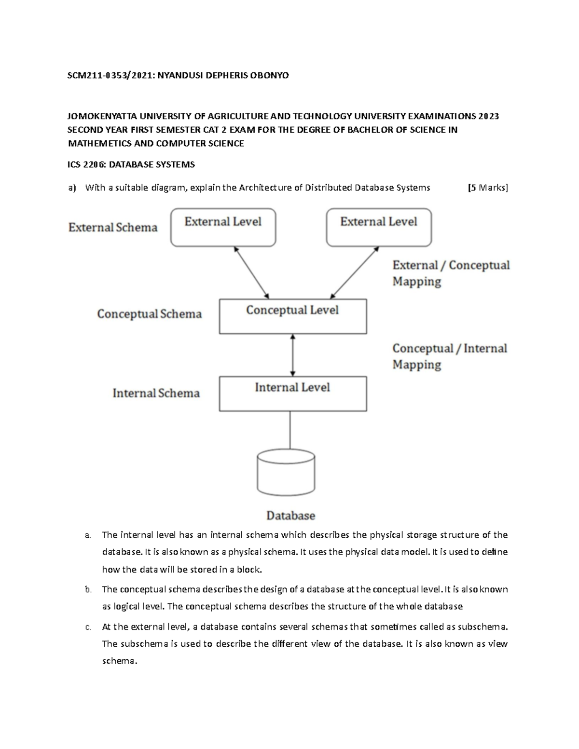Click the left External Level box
(x=223, y=227)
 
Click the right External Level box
(x=379, y=227)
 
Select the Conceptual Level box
(x=292, y=316)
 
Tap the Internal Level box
(x=292, y=394)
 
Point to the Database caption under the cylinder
(x=290, y=516)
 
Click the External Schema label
(x=113, y=228)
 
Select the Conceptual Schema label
(x=149, y=314)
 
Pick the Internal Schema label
(x=156, y=393)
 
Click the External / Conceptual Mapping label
(x=451, y=273)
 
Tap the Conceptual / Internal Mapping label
(x=450, y=356)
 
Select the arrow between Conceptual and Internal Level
(x=292, y=355)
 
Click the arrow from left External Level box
(x=251, y=272)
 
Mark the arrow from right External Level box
(x=355, y=272)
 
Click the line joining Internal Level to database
(x=290, y=430)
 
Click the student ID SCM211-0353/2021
(x=108, y=75)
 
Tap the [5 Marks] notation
(x=488, y=188)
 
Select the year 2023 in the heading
(x=488, y=116)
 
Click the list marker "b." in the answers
(x=87, y=589)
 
